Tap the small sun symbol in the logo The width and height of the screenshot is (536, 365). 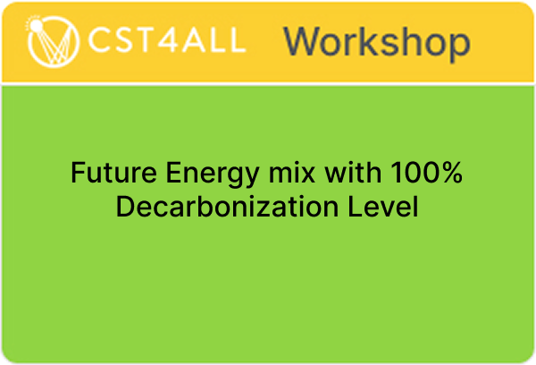tap(35, 25)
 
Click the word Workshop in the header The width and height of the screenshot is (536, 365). tap(377, 42)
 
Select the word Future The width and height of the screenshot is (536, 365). tap(113, 173)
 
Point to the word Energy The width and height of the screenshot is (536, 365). tap(213, 175)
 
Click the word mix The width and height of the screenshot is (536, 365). tap(291, 173)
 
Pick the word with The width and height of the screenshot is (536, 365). tap(353, 173)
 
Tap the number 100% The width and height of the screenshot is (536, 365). tap(427, 173)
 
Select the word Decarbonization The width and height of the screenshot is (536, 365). tap(227, 207)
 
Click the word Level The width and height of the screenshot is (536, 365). tap(383, 207)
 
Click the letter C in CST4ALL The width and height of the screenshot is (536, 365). tap(99, 40)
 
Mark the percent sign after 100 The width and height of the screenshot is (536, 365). tap(450, 173)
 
